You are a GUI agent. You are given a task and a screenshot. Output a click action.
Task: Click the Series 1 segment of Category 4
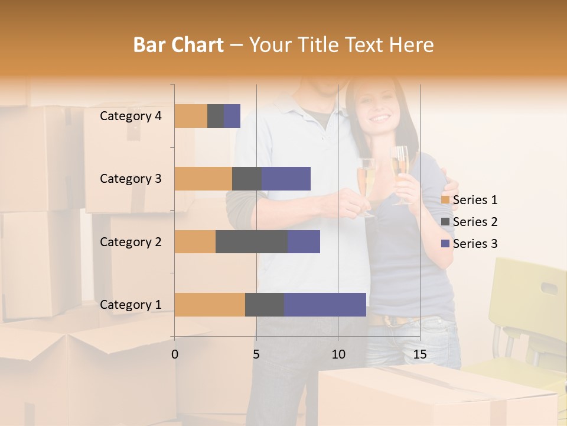191,116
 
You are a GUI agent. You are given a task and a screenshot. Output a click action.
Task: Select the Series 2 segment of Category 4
216,116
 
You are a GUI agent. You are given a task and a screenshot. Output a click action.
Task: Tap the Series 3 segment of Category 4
232,116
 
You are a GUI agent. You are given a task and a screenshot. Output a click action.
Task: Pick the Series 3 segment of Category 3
286,179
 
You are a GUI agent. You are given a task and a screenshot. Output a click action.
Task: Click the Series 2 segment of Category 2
252,241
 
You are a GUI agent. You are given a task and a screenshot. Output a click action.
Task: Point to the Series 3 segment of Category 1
325,305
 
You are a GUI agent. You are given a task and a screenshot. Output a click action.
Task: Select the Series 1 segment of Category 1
210,305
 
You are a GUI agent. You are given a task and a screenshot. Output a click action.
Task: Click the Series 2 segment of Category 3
247,179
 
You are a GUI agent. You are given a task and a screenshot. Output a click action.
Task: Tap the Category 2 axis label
131,241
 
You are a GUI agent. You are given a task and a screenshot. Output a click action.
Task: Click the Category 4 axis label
131,116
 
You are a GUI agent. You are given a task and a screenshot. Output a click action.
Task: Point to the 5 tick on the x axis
256,354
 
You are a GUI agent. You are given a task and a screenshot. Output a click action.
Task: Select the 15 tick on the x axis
420,354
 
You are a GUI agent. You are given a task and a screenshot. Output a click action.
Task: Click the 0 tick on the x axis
175,354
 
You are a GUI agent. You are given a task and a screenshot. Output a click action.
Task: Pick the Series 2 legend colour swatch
445,222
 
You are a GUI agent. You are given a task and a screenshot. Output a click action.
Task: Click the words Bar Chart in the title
178,45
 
